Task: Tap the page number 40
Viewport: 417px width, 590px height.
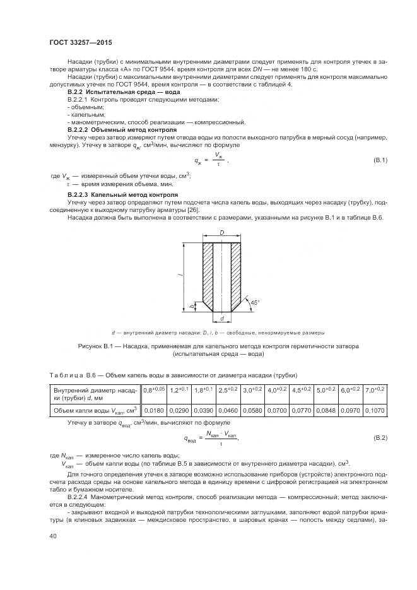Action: pyautogui.click(x=53, y=536)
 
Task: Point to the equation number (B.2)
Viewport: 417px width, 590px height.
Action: pyautogui.click(x=380, y=437)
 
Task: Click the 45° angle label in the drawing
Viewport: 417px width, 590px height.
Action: pyautogui.click(x=253, y=302)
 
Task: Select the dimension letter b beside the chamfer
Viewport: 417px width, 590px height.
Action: pyautogui.click(x=192, y=306)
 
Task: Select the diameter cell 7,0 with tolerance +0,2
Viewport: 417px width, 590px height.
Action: pyautogui.click(x=372, y=392)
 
